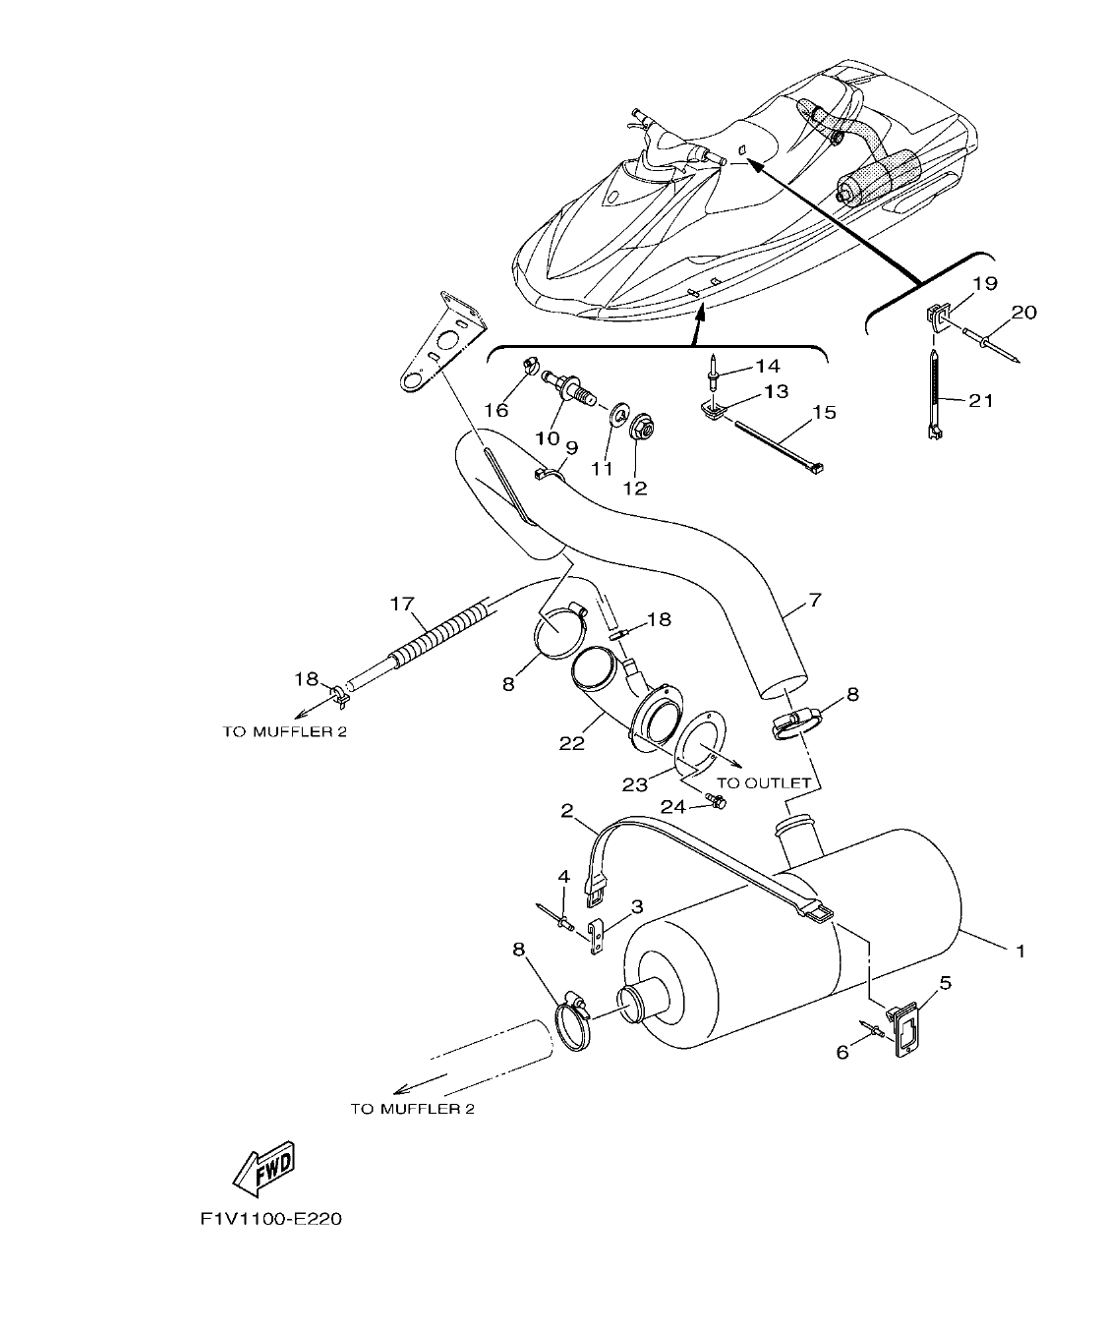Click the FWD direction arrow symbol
[x=263, y=1167]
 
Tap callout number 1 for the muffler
[x=1020, y=951]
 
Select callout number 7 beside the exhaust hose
[x=814, y=599]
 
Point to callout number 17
[x=403, y=604]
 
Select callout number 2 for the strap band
[x=567, y=810]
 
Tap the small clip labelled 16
[x=531, y=367]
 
